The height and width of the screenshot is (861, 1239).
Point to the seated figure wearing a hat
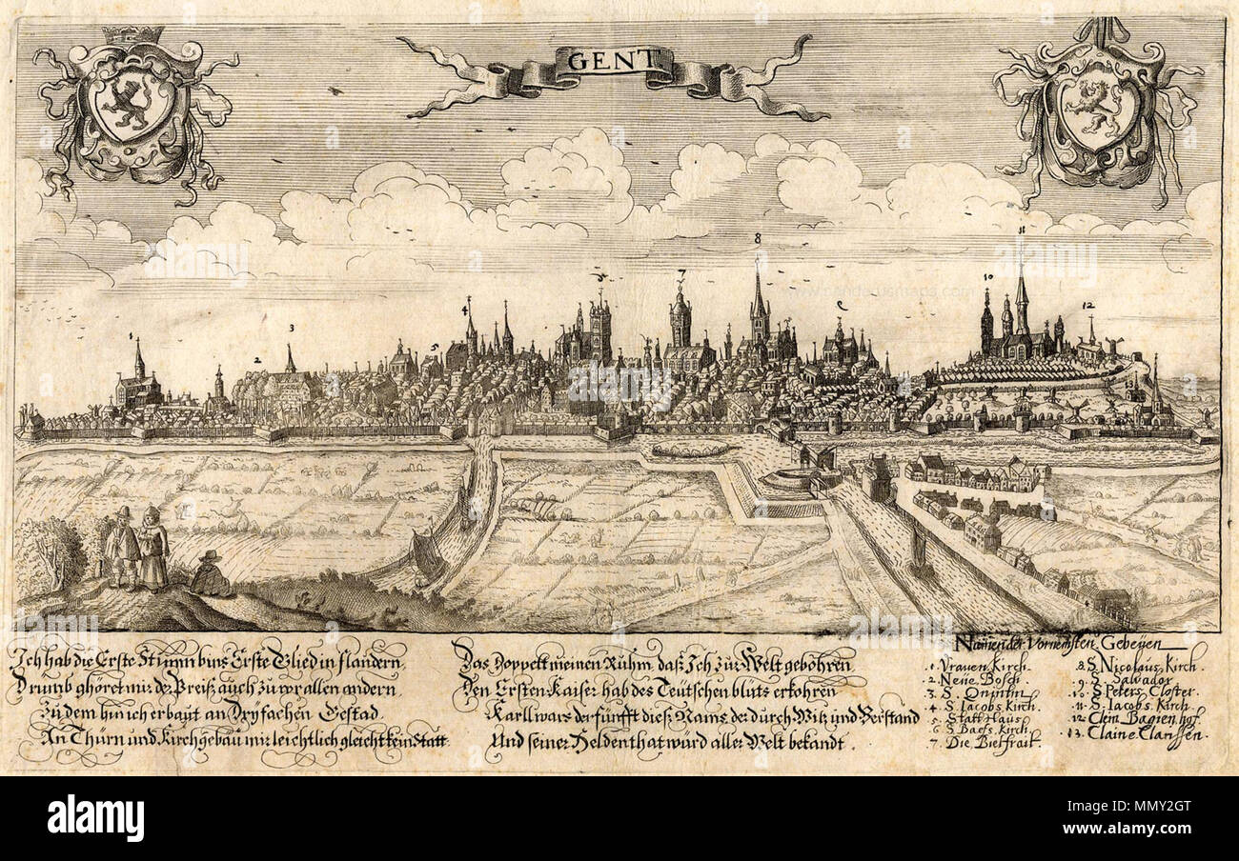point(210,573)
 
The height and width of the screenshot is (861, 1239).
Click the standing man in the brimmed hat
point(122,548)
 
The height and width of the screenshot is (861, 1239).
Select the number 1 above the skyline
point(130,336)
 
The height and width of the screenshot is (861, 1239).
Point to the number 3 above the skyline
point(290,326)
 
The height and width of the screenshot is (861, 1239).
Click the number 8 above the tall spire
point(757,238)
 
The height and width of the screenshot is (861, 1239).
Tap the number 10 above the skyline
point(987,277)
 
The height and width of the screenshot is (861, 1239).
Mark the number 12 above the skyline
point(1088,306)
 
